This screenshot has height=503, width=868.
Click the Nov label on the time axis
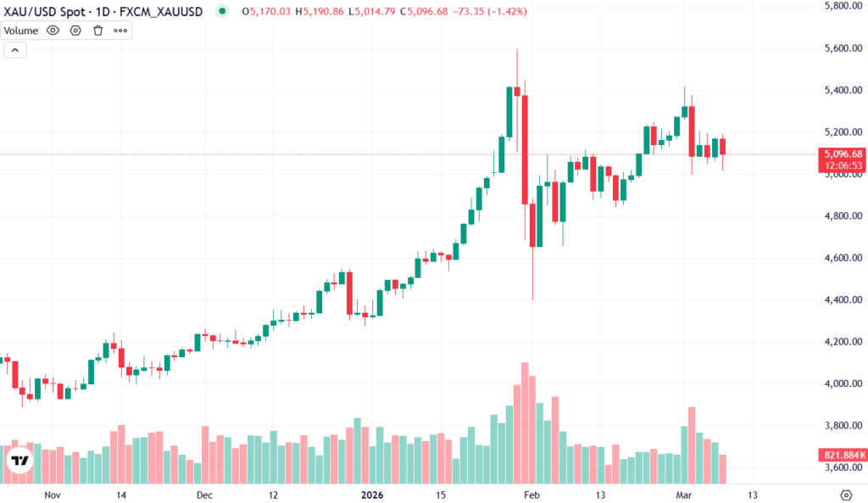(x=53, y=495)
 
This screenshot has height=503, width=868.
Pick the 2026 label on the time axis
(x=373, y=495)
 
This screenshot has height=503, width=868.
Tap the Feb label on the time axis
(x=531, y=495)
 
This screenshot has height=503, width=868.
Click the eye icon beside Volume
(x=53, y=31)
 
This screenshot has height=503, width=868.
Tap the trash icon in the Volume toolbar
(x=97, y=31)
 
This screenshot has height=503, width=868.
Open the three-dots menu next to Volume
(x=120, y=31)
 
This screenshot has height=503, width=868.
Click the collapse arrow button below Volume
(x=15, y=50)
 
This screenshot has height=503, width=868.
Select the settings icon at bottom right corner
(x=845, y=495)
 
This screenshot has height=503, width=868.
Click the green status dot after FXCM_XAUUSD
(x=222, y=12)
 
